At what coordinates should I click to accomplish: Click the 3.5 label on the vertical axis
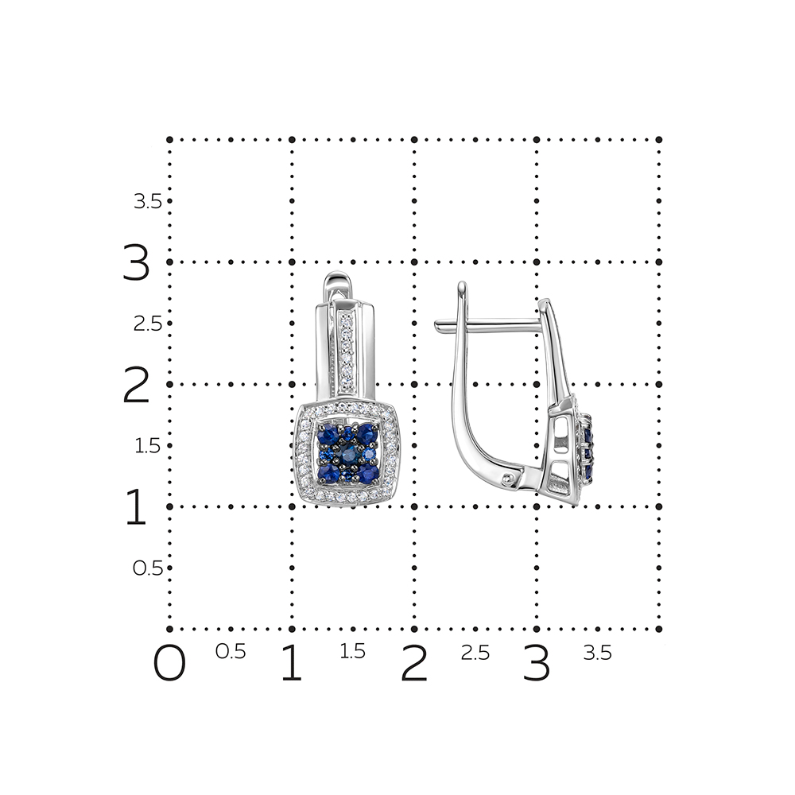148,202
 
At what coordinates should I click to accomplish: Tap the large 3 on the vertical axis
137,262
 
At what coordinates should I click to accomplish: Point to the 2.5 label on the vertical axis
148,324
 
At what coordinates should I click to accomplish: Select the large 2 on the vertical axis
137,385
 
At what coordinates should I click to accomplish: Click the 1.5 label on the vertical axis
148,446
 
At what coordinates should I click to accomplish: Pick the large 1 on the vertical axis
135,506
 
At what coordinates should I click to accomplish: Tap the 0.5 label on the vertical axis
148,568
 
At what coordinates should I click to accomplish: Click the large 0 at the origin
169,663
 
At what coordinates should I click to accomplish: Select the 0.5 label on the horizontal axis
231,652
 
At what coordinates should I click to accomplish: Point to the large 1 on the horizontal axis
292,663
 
